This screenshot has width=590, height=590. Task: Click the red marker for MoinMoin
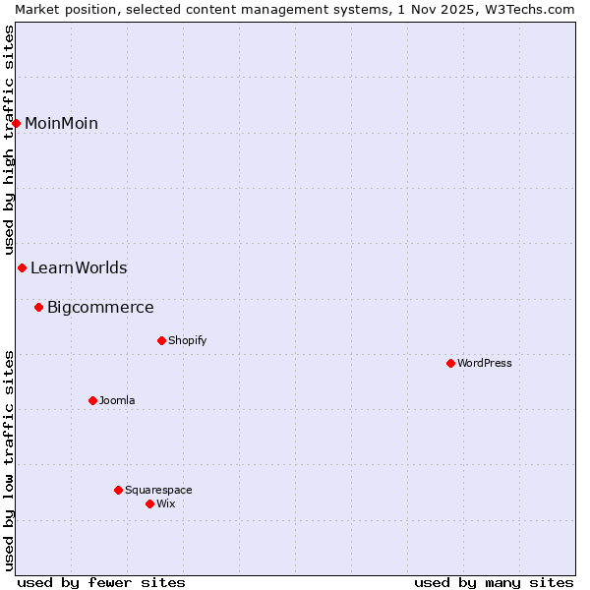coord(17,123)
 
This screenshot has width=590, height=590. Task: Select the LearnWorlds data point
coord(22,267)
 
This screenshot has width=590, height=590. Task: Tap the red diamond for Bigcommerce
coord(39,307)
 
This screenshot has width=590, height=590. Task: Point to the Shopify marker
coord(161,340)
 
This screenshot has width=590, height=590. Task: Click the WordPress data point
coord(450,363)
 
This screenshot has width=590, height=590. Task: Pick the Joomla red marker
coord(92,400)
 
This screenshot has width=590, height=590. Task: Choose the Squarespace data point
coord(118,490)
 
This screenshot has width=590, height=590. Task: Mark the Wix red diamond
coord(149,503)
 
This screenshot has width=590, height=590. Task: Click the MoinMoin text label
coord(61,123)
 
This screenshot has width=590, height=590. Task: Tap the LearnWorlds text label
coord(79,267)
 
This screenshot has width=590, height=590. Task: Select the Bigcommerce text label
coord(100,307)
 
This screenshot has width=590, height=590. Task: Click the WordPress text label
coord(485,363)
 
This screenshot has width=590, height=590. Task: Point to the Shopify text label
coord(187,340)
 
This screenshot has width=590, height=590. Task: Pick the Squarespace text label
coord(158,490)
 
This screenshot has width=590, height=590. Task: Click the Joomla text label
coord(117,400)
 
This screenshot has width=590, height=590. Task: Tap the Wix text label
coord(165,503)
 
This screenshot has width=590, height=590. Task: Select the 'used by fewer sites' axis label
coord(101,582)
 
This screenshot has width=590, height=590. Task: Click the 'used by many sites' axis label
coord(494,582)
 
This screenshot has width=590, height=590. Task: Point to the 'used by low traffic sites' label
coord(9,460)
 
